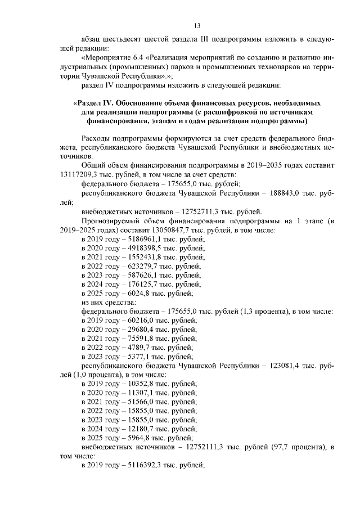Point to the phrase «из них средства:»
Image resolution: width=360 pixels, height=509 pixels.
pyautogui.click(x=105, y=303)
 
